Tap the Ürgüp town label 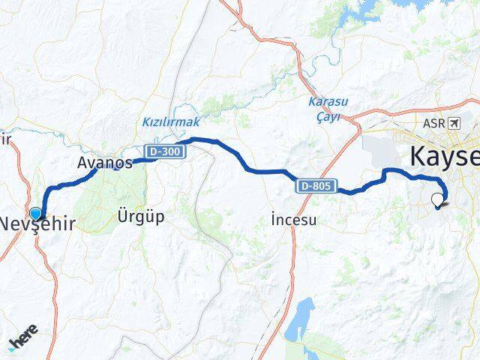pos(140,217)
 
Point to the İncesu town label pos(294,220)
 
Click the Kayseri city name pos(443,157)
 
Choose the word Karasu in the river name pos(325,102)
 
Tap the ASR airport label pos(433,123)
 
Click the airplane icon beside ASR pos(454,123)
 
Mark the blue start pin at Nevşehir pos(35,193)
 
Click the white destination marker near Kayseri pos(437,199)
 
